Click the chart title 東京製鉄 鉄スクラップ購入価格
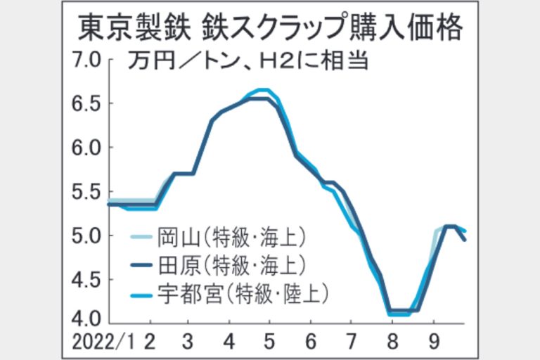coord(270,29)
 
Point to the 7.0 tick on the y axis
coord(88,59)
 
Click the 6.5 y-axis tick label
coord(88,103)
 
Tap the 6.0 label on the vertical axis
coord(88,148)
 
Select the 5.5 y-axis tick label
coord(88,192)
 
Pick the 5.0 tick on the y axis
coord(88,236)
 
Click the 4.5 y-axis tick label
coord(88,280)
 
